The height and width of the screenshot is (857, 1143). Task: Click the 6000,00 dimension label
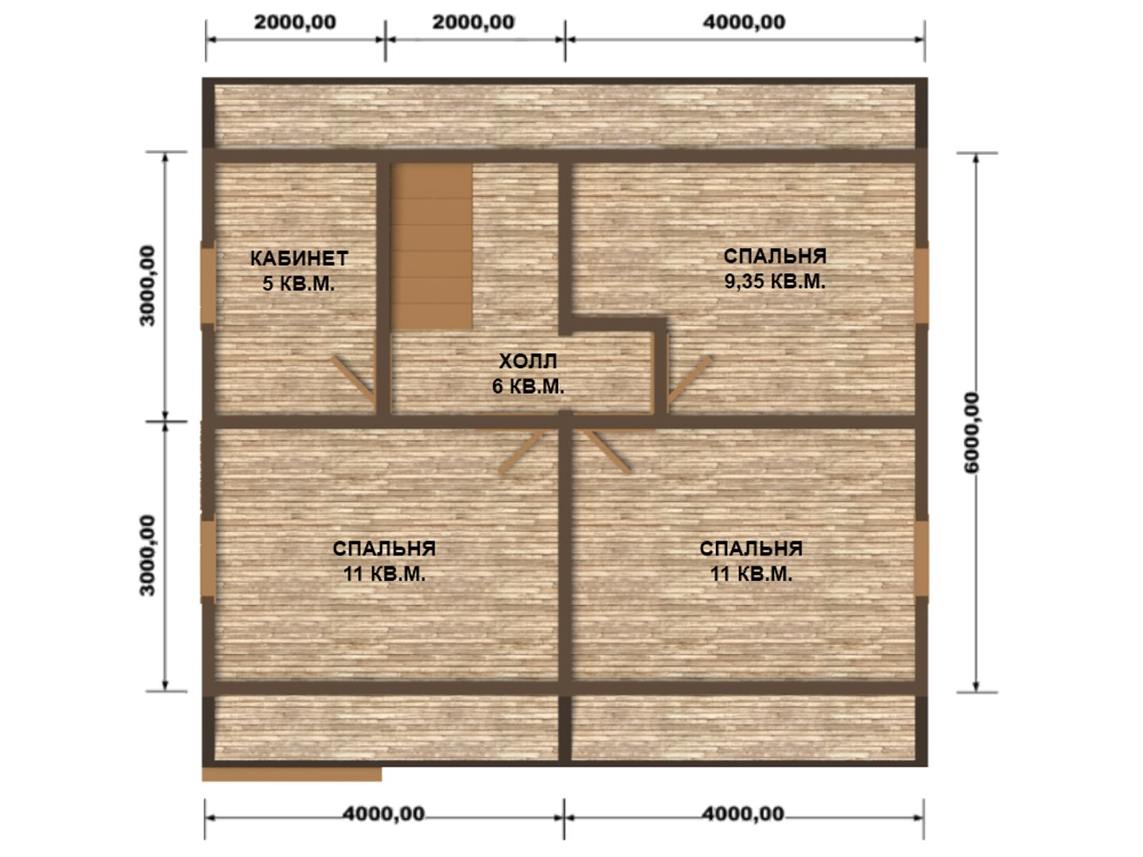coord(972,433)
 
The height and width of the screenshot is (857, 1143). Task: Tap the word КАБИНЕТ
coord(299,259)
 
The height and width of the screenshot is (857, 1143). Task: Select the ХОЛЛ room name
coord(528,361)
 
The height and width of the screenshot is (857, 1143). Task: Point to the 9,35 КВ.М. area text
coord(775,282)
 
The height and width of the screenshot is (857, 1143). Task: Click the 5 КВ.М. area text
coord(298,283)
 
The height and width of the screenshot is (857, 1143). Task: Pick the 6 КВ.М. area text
coord(528,386)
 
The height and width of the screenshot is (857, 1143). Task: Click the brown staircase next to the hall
coord(432,246)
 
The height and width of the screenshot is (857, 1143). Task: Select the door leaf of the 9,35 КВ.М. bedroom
coord(690,380)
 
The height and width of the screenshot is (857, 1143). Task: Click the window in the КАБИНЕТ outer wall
coord(208,286)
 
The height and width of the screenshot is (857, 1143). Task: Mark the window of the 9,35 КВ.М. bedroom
coord(922,286)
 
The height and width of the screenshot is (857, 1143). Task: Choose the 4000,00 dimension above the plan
coord(744,22)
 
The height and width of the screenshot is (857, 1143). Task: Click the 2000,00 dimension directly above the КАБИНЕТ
coord(294,22)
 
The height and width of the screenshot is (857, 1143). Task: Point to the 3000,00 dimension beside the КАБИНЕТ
coord(148,286)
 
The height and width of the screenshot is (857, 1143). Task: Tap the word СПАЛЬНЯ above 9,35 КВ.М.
coord(775,256)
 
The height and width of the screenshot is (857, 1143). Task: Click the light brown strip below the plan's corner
coord(291,774)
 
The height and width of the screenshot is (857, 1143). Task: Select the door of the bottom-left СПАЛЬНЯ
coord(521,450)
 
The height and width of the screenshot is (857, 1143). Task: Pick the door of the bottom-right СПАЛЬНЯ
coord(606,450)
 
